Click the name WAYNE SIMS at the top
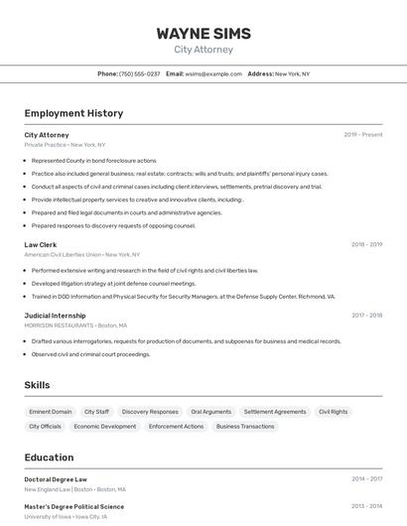coord(203,34)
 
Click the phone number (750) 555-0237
coord(139,73)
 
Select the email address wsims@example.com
coord(213,73)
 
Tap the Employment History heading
coord(73,113)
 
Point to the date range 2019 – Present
coord(363,135)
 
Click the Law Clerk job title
coord(41,244)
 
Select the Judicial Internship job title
coord(55,316)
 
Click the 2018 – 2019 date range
coord(366,244)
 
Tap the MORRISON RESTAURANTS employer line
coord(75,326)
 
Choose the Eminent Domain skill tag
coord(51,412)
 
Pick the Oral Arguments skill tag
coord(210,412)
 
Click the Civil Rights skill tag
coord(333,412)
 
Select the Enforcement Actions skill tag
coord(176,427)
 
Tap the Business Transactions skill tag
coord(245,427)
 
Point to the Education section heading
coord(49,458)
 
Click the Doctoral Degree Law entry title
coord(56,479)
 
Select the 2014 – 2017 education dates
coord(366,479)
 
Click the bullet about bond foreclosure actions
coord(93,160)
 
